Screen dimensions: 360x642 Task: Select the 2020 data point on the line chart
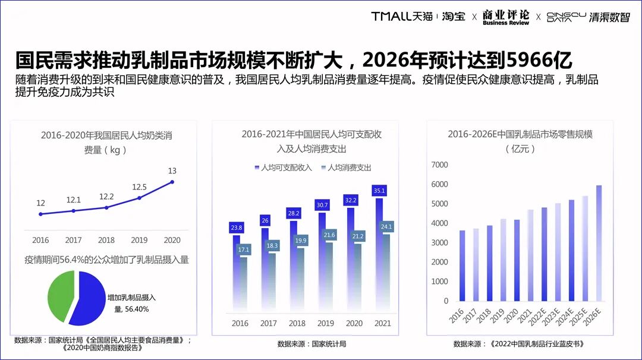point(172,182)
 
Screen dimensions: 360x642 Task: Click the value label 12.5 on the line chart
point(139,187)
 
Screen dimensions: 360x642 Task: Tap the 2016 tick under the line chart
point(40,240)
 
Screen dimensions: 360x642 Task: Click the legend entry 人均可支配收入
point(282,168)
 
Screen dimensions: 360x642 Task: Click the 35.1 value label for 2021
point(379,191)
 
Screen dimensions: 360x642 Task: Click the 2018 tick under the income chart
point(297,323)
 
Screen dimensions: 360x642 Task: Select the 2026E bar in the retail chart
point(599,243)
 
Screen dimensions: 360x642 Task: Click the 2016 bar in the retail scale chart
point(462,265)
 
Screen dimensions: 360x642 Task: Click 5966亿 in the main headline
point(538,60)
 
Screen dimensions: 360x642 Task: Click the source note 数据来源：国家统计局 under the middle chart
point(311,343)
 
